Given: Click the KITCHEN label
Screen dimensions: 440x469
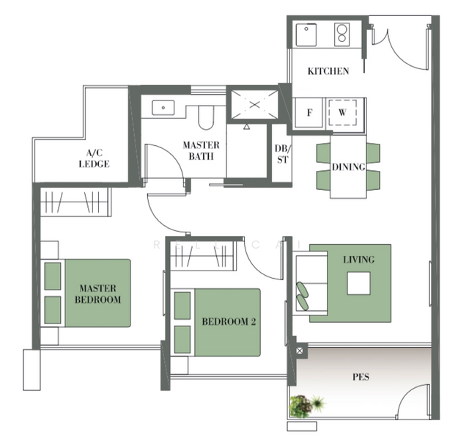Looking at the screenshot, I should (x=328, y=71).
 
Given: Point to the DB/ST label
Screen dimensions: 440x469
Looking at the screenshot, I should (x=281, y=155).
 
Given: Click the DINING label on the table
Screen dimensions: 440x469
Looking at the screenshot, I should (x=348, y=167).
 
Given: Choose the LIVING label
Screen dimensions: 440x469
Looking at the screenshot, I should (x=358, y=260).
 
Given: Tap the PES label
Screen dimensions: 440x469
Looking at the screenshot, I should (x=361, y=378).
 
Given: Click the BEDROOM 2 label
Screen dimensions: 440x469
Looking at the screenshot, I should (x=229, y=320).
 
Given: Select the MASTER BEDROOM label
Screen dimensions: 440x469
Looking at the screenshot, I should (x=100, y=294).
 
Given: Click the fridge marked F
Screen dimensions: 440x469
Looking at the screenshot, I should (x=309, y=114).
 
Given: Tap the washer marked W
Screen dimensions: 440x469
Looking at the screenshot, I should (x=342, y=114).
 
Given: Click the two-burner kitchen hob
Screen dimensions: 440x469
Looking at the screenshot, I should (x=342, y=34).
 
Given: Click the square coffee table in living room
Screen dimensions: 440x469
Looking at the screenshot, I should (x=358, y=283).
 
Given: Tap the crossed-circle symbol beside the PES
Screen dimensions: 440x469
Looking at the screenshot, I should (x=300, y=352).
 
